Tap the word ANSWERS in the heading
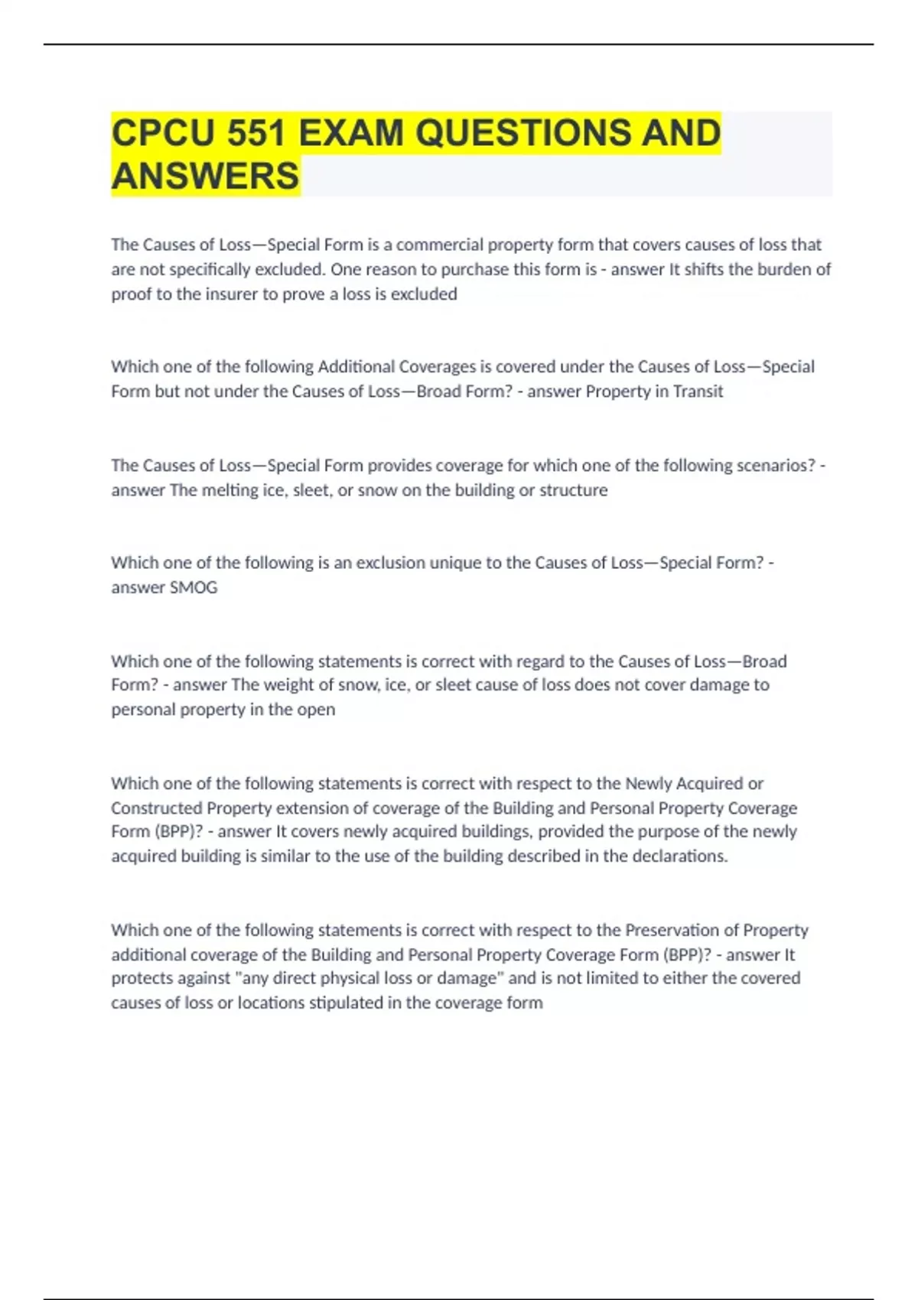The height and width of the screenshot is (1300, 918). pos(205,176)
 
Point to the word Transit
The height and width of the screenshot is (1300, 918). pos(698,392)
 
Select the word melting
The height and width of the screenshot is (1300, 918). pos(229,490)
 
